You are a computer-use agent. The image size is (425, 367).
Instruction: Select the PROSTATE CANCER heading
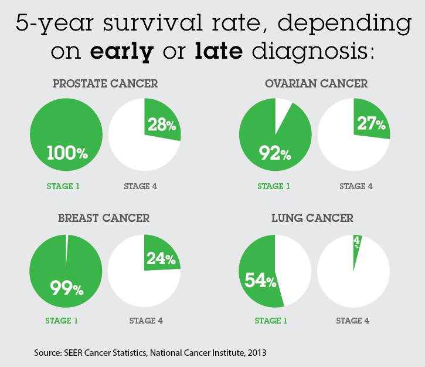(x=106, y=83)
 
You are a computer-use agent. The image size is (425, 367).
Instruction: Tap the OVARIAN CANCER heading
(x=316, y=83)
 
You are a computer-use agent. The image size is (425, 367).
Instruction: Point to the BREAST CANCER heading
(x=104, y=218)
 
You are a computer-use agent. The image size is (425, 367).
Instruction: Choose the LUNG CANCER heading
(x=312, y=218)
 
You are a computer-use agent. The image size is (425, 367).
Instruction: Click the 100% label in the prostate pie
(x=67, y=154)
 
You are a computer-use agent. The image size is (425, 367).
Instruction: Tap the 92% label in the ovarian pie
(x=274, y=154)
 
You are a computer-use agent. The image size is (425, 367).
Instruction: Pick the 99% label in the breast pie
(x=66, y=288)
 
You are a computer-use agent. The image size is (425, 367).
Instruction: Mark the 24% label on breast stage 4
(x=161, y=258)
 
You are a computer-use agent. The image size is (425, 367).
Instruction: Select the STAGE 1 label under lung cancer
(x=270, y=321)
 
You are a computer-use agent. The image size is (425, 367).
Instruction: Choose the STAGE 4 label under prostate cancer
(x=140, y=187)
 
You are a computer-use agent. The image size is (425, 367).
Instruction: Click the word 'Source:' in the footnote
(x=49, y=353)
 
